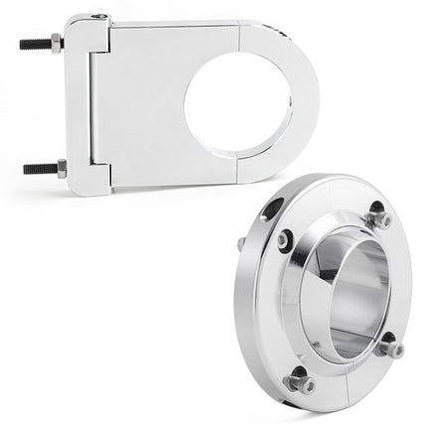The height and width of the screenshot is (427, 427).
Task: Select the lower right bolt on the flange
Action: coord(390,349)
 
